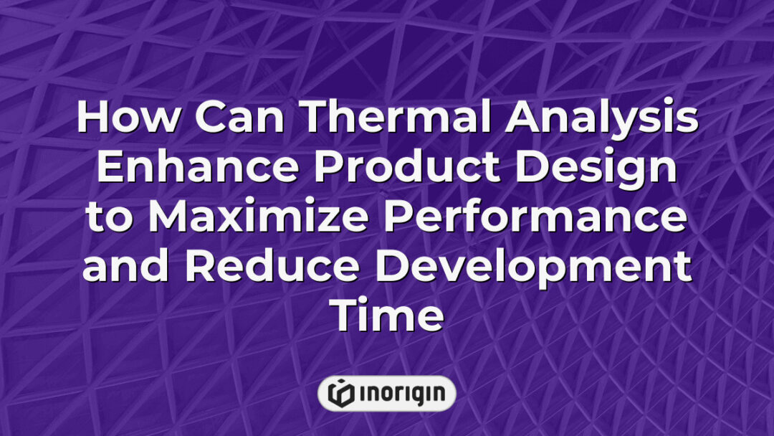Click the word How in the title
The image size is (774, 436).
(x=126, y=119)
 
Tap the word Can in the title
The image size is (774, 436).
(x=233, y=119)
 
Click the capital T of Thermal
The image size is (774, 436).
(x=309, y=119)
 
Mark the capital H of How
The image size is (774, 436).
(x=94, y=119)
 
